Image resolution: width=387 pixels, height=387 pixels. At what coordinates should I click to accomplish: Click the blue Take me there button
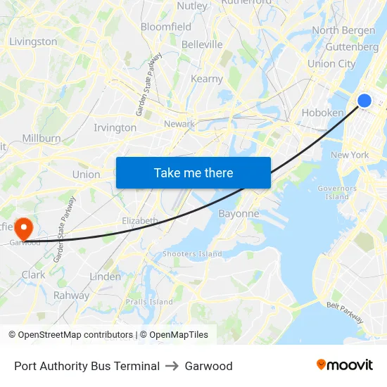coord(193,172)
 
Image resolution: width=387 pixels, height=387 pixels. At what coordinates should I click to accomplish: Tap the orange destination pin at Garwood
coord(23,228)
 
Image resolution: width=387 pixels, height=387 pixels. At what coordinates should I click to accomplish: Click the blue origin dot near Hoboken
coord(364,101)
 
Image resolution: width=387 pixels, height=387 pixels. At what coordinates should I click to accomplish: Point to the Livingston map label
coord(33,42)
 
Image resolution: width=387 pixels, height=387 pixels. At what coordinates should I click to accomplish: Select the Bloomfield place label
coord(166,27)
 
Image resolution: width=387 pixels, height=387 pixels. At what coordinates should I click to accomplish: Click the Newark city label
coord(179,124)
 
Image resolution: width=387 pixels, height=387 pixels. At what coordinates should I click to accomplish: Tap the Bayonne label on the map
coord(239,213)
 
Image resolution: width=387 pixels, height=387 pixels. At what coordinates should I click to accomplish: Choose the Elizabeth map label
coord(140,220)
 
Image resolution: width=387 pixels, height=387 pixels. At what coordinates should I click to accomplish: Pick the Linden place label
coord(106,277)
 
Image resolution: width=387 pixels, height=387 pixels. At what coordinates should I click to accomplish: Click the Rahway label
coord(72,296)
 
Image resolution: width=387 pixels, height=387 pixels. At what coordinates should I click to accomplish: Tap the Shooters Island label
coord(192,253)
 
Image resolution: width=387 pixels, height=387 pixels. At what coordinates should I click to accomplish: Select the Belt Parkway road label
coord(345,312)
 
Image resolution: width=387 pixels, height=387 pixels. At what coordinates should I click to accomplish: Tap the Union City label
coord(331,63)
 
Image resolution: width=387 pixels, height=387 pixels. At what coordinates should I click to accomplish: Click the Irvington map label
coord(115,127)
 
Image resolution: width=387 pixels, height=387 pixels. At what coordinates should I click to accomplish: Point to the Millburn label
coord(42,138)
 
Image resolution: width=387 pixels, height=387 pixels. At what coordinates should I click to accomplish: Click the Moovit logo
coord(345,364)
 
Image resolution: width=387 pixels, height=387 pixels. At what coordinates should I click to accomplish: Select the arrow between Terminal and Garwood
coord(172,366)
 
